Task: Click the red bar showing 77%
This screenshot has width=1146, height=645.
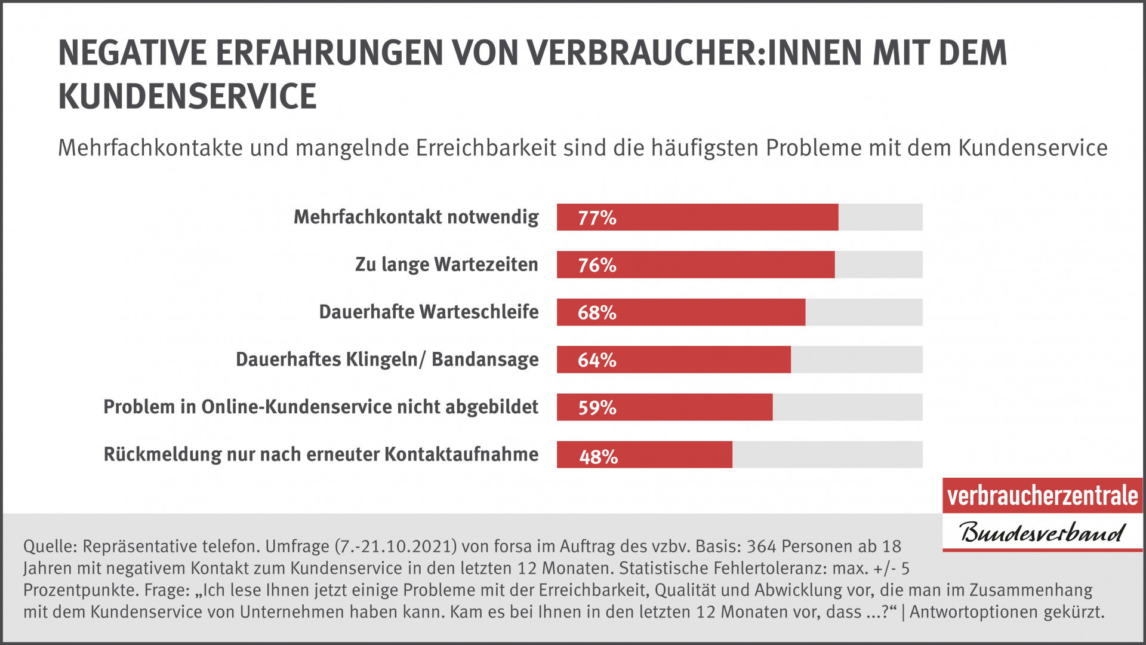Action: (697, 217)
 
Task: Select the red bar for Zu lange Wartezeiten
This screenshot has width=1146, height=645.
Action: (695, 265)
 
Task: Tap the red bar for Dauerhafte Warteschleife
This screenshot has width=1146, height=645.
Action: (680, 312)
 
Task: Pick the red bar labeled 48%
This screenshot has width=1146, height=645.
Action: (644, 454)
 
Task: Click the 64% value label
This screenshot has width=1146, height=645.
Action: (596, 360)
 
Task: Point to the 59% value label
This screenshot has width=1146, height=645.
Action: (597, 407)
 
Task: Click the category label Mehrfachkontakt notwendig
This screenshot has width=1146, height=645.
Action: (416, 217)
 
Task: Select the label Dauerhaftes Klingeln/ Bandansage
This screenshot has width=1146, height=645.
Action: (387, 360)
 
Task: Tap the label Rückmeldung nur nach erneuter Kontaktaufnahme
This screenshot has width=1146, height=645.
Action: (321, 454)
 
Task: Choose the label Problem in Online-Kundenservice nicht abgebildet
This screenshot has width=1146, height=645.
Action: (321, 407)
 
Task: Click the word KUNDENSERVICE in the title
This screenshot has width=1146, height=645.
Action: (187, 97)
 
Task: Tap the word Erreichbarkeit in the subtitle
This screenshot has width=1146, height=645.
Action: (486, 148)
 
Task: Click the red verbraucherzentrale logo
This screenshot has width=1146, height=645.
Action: (1042, 496)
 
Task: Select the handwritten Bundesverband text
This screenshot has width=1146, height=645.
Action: (1042, 532)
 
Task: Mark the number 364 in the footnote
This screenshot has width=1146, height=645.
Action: (762, 546)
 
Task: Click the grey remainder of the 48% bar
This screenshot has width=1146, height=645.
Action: (827, 454)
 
